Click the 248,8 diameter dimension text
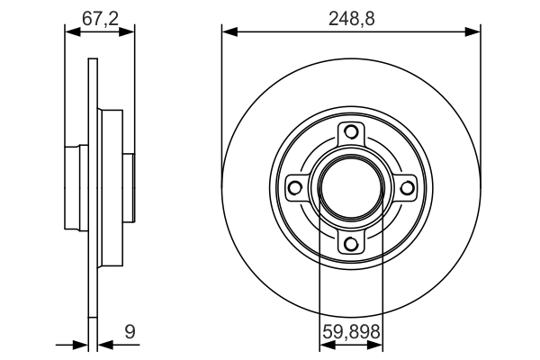pyautogui.click(x=351, y=16)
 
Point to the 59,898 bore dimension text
pyautogui.click(x=351, y=332)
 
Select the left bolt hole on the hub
pyautogui.click(x=294, y=187)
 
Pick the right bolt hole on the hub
pyautogui.click(x=406, y=187)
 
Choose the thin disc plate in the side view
pyautogui.click(x=93, y=270)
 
